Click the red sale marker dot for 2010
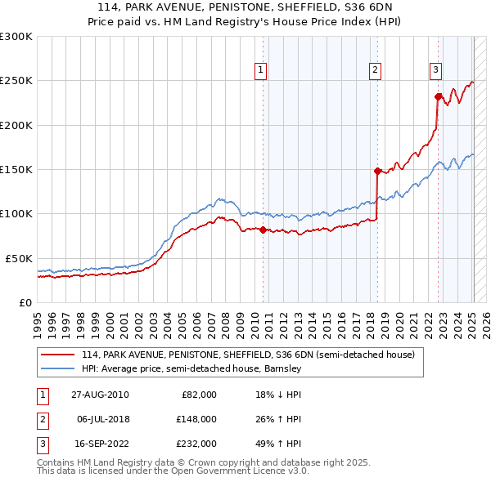click(x=263, y=230)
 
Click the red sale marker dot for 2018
click(x=377, y=171)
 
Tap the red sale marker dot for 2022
click(x=438, y=96)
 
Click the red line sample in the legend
click(x=58, y=355)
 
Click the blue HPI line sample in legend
click(x=58, y=369)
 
